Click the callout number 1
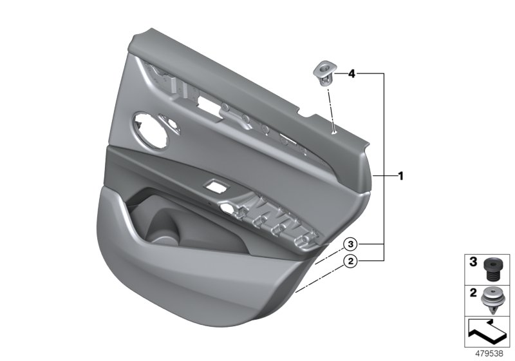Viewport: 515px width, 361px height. pyautogui.click(x=400, y=175)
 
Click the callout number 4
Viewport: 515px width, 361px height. pyautogui.click(x=351, y=74)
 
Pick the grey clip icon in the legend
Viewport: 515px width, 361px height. pyautogui.click(x=492, y=298)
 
